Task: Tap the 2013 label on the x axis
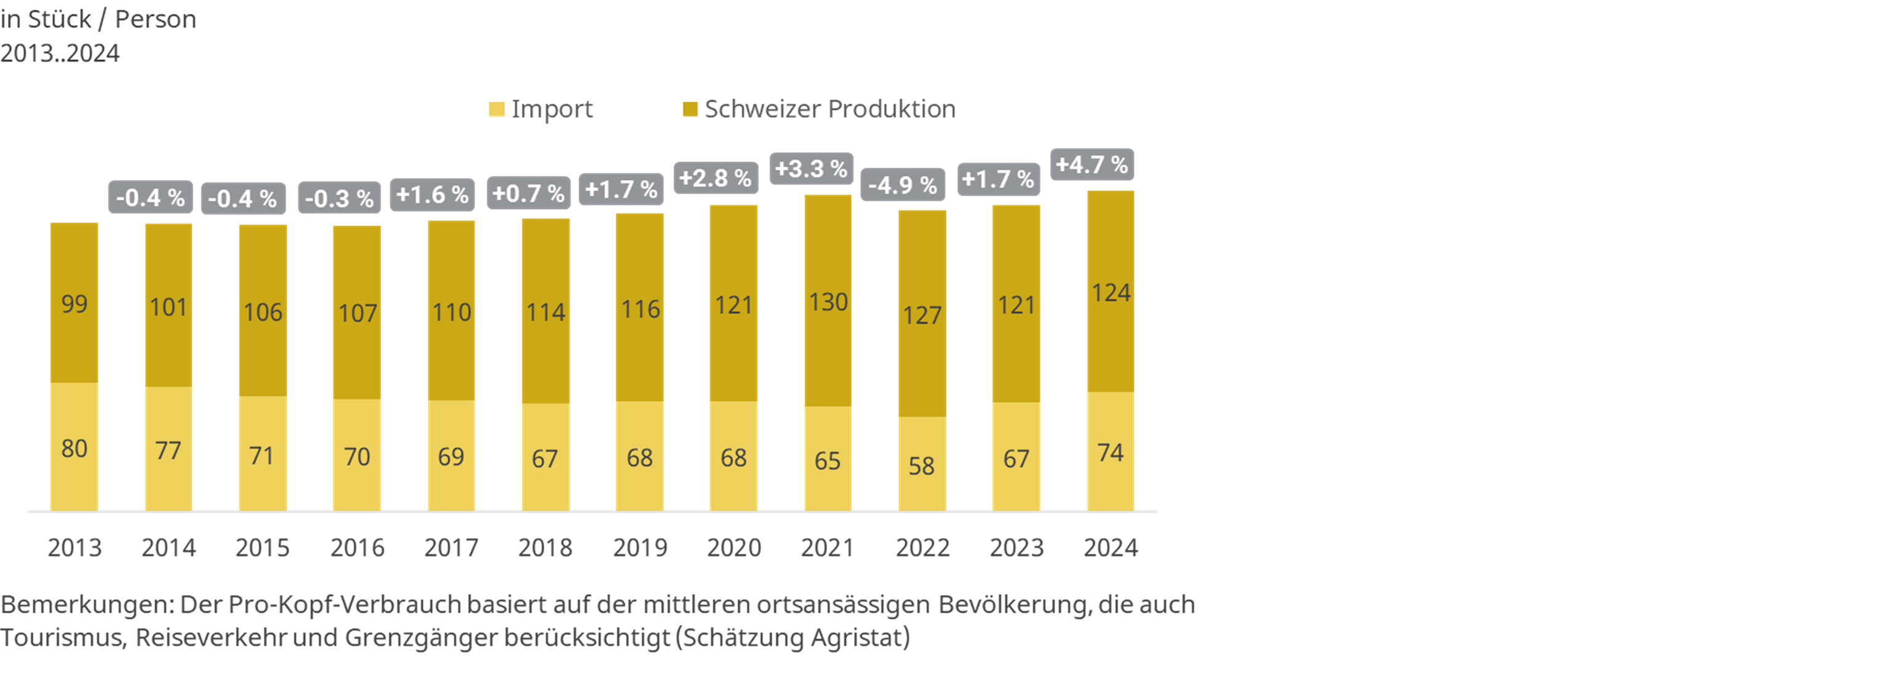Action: pos(75,547)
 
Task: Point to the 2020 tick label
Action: pos(733,547)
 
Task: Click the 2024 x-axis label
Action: pos(1110,547)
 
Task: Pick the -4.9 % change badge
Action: pos(902,185)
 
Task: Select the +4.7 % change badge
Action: pos(1091,165)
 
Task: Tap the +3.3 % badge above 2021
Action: pos(811,169)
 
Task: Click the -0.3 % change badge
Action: pos(339,198)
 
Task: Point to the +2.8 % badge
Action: pos(715,178)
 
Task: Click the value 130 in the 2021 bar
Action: pos(828,301)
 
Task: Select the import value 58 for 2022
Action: pos(921,465)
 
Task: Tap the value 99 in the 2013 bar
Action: pos(75,303)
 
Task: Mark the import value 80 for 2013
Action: pos(75,448)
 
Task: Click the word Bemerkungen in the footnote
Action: pos(87,605)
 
